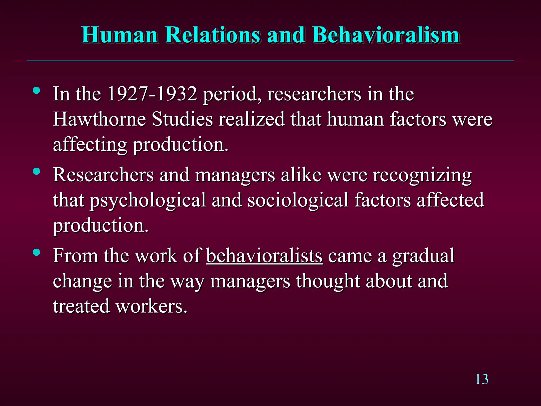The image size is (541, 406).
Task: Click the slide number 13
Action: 482,380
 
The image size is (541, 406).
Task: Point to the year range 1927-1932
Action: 152,94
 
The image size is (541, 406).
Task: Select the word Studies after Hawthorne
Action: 182,119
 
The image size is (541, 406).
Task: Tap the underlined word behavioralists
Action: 264,256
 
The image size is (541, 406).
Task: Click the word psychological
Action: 148,200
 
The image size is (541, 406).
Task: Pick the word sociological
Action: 298,200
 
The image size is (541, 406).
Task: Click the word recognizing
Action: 422,175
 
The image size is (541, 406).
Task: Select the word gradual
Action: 423,256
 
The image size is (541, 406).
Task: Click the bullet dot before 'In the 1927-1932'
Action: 36,91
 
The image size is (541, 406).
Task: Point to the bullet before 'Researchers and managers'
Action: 36,172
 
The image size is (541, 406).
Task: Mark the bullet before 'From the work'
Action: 36,252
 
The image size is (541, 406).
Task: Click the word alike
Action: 301,175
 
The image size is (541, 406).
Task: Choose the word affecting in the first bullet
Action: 90,145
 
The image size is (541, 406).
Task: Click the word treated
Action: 81,306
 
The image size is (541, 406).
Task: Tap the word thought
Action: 328,281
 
